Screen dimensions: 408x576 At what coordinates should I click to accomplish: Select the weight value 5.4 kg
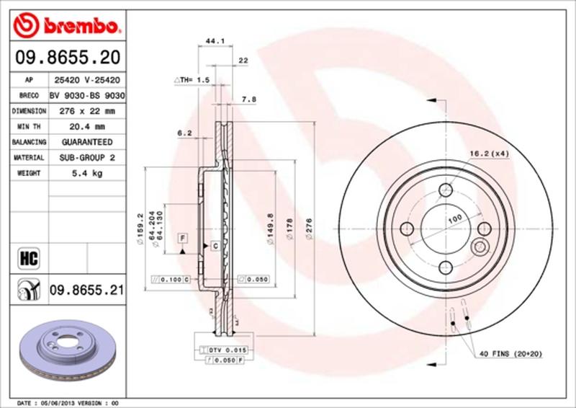[x=87, y=173]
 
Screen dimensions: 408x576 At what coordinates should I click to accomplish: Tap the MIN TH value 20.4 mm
[x=87, y=127]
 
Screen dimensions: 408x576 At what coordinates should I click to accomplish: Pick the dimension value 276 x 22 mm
[x=87, y=111]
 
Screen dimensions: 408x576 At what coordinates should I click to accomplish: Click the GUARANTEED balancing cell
[x=87, y=142]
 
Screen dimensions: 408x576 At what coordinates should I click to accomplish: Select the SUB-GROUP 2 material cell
[x=87, y=157]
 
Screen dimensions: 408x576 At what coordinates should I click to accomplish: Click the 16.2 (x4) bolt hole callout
[x=489, y=153]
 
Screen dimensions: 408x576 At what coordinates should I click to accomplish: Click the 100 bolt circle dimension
[x=454, y=217]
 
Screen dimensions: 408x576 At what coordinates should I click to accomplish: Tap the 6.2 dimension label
[x=184, y=133]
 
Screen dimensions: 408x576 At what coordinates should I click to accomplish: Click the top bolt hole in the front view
[x=446, y=190]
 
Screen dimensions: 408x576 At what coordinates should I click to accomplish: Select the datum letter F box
[x=184, y=237]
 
